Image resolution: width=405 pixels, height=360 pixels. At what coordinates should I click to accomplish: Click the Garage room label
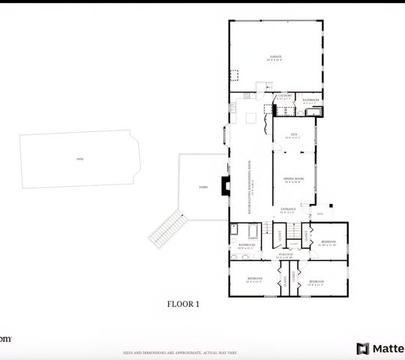[x=276, y=57]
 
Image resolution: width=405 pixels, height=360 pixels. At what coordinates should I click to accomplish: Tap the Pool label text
[x=79, y=159]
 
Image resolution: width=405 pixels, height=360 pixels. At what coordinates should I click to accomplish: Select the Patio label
[x=202, y=186]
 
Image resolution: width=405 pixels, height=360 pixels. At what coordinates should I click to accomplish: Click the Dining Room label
[x=293, y=179]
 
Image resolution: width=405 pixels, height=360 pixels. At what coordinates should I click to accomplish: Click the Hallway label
[x=286, y=255]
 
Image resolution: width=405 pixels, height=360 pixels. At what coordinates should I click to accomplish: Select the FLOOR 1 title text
[x=182, y=304]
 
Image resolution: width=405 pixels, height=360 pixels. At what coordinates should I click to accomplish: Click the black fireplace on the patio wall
[x=223, y=186]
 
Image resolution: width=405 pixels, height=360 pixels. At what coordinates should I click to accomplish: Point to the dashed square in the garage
[x=233, y=76]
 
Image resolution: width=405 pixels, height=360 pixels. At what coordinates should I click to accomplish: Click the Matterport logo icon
[x=363, y=349]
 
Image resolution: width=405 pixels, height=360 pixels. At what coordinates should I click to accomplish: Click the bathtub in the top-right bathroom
[x=316, y=111]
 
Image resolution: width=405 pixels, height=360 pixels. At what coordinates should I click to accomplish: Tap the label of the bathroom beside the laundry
[x=310, y=100]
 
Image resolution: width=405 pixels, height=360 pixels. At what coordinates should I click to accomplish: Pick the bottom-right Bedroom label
[x=316, y=284]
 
